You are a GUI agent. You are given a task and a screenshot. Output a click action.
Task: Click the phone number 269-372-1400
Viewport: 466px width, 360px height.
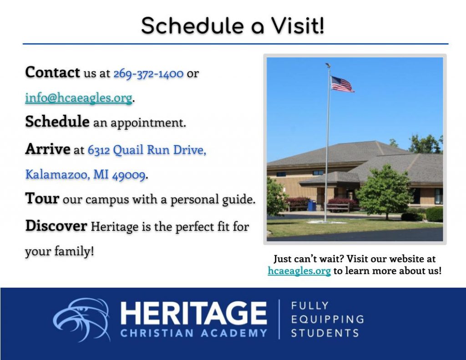pyautogui.click(x=148, y=74)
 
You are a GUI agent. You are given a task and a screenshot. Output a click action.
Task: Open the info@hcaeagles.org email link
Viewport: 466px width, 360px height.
pyautogui.click(x=79, y=98)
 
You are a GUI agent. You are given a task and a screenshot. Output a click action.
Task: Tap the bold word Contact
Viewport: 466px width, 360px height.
pyautogui.click(x=53, y=72)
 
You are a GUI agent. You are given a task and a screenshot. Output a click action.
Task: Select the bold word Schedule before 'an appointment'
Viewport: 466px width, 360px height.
pyautogui.click(x=57, y=121)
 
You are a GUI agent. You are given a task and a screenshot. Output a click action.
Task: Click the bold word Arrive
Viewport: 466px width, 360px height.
pyautogui.click(x=48, y=149)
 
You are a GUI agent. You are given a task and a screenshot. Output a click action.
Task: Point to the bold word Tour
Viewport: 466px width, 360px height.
pyautogui.click(x=42, y=198)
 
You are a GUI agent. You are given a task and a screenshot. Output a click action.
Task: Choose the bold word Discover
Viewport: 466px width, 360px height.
pyautogui.click(x=56, y=226)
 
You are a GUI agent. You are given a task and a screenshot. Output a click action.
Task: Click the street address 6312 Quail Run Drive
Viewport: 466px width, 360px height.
pyautogui.click(x=147, y=150)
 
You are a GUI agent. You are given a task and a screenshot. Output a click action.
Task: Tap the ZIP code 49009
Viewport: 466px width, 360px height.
pyautogui.click(x=129, y=175)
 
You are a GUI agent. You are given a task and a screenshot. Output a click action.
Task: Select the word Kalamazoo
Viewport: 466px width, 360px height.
pyautogui.click(x=57, y=174)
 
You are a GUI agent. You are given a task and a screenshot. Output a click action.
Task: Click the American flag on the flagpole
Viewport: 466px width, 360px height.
pyautogui.click(x=342, y=84)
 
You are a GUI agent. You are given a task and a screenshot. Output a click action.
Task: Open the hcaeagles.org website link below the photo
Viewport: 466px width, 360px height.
pyautogui.click(x=299, y=271)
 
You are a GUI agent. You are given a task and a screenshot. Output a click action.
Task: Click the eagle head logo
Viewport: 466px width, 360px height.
pyautogui.click(x=82, y=319)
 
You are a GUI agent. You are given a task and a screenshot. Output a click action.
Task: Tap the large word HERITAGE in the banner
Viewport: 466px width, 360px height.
pyautogui.click(x=193, y=313)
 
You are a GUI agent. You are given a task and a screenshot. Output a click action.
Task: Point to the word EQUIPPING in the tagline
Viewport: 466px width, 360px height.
pyautogui.click(x=328, y=319)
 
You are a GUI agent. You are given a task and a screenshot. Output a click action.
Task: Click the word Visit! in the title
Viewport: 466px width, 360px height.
pyautogui.click(x=298, y=26)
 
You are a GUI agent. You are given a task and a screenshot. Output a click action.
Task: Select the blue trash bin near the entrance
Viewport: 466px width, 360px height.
pyautogui.click(x=311, y=205)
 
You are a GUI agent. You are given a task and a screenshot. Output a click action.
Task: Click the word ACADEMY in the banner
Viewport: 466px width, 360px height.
pyautogui.click(x=234, y=333)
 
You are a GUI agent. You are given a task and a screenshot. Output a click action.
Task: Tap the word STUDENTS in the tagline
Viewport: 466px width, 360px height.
pyautogui.click(x=325, y=333)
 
